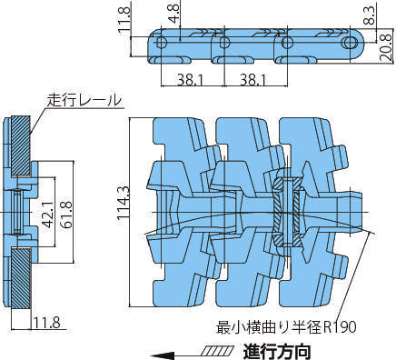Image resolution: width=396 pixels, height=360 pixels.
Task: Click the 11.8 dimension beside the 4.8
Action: (x=124, y=19)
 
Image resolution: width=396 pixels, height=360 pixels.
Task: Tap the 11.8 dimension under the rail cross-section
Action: (x=46, y=323)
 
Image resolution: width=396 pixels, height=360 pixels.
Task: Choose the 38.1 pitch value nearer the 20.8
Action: (x=253, y=80)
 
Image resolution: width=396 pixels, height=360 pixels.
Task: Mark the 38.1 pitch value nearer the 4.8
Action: (x=190, y=80)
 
